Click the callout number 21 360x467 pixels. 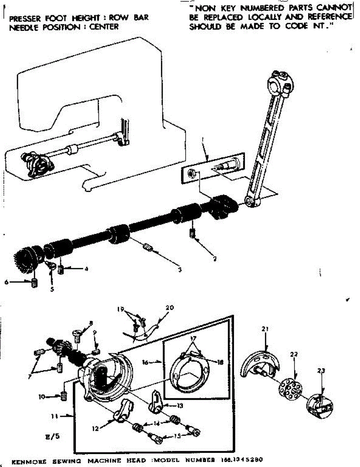(265, 329)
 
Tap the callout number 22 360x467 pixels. (294, 355)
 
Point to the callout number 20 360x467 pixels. (169, 307)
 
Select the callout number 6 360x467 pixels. (7, 283)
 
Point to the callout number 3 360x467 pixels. (179, 269)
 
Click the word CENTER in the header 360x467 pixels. (104, 27)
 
